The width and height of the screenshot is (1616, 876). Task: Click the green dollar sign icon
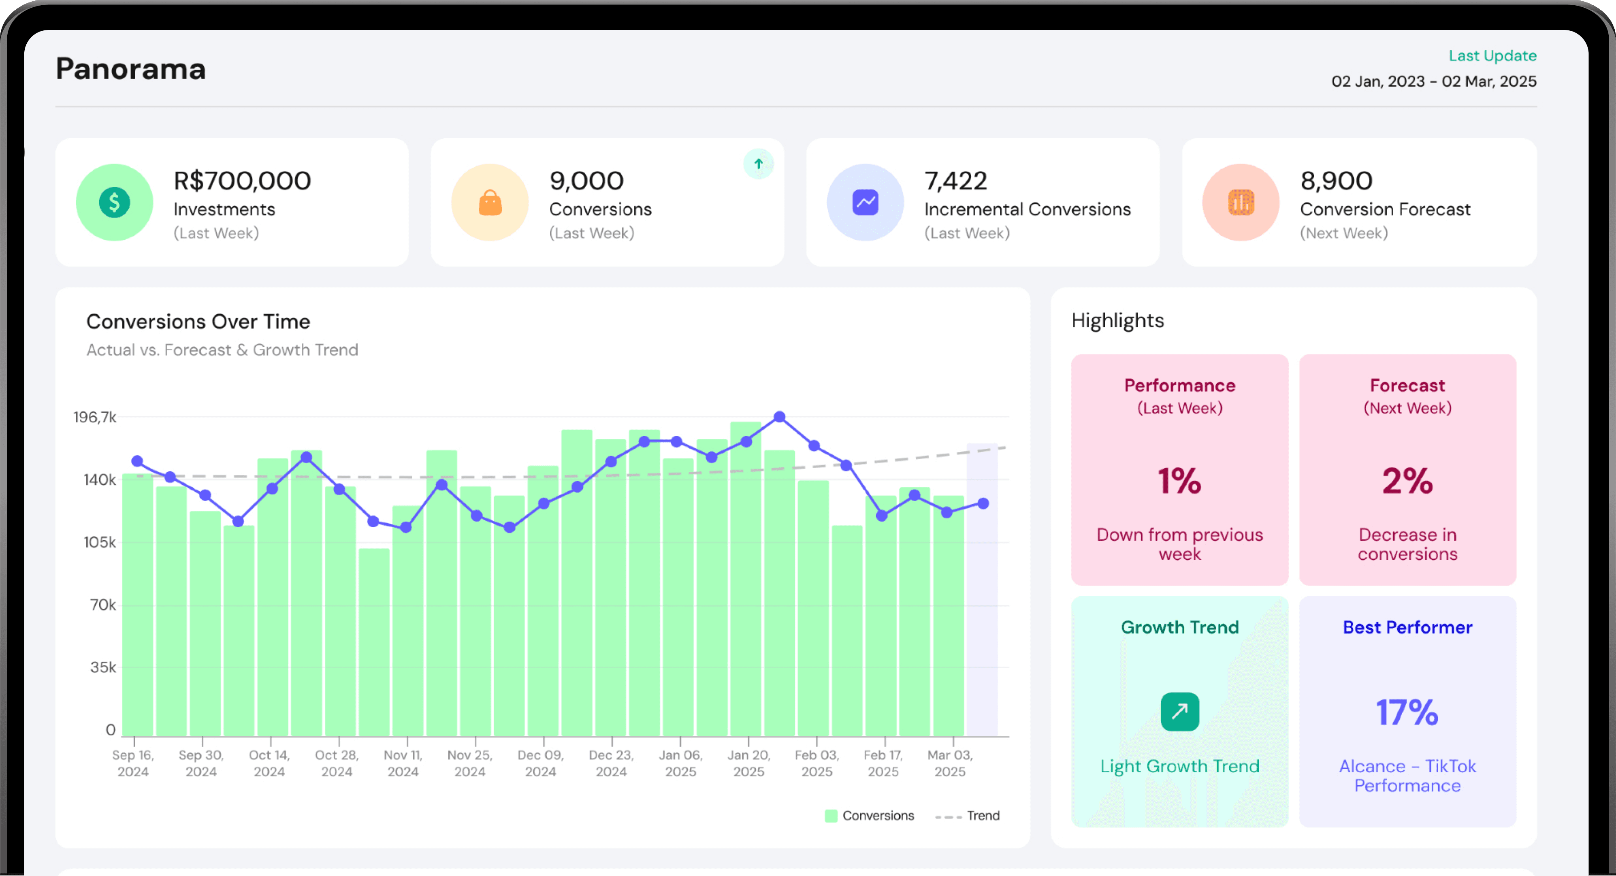(114, 202)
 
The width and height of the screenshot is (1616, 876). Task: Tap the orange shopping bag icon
(490, 202)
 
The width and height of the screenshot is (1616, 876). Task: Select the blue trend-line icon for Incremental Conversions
(865, 202)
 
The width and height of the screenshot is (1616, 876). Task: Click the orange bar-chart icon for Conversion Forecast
(1240, 202)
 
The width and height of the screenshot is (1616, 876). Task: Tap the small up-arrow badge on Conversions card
(759, 164)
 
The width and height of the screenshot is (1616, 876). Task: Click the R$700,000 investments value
(242, 181)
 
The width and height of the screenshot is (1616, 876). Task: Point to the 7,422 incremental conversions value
(955, 181)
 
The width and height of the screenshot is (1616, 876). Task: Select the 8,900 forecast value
(1336, 181)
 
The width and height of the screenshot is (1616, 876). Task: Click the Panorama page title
(130, 68)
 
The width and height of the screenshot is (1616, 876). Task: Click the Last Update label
(1492, 56)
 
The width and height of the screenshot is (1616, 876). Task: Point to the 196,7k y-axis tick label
(95, 417)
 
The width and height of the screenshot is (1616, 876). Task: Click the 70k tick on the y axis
(103, 605)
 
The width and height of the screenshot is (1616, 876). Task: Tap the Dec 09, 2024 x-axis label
(540, 763)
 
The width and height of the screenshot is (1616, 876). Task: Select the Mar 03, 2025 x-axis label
(950, 763)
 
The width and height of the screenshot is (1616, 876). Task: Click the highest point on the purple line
(779, 417)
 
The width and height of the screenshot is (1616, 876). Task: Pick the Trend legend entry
(967, 816)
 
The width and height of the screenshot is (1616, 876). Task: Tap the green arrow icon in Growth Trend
(1179, 712)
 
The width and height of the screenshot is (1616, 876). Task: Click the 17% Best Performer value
(1407, 712)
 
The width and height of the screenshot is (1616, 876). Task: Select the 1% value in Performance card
(1179, 481)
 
